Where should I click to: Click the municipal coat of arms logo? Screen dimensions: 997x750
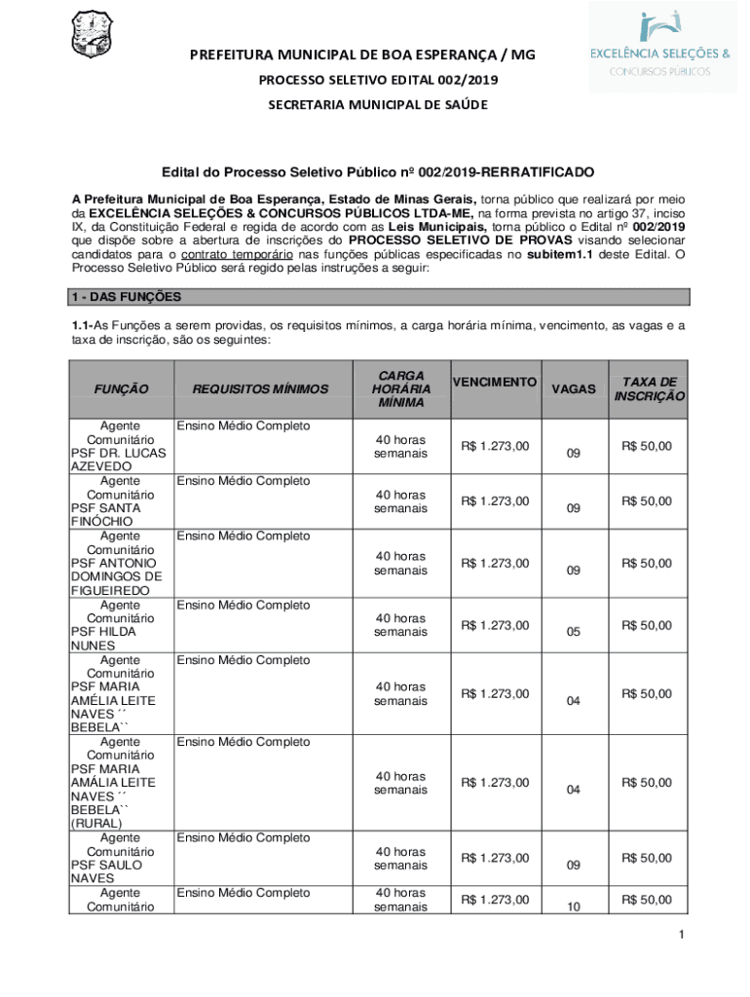(94, 35)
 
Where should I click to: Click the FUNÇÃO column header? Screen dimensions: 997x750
(122, 389)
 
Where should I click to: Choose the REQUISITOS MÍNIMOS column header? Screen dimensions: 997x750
(260, 389)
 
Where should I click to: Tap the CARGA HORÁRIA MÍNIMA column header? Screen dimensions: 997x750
(400, 388)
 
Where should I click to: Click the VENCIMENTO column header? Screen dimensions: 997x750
(495, 382)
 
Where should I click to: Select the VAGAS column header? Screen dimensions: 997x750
(573, 388)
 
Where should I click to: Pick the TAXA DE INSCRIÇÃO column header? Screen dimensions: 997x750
(650, 389)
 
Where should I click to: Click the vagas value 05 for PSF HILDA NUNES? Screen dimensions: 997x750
(573, 633)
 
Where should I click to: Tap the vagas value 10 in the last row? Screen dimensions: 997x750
(573, 907)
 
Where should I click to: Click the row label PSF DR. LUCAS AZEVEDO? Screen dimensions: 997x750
(105, 460)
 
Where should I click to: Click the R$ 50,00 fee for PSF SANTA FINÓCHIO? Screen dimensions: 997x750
(650, 501)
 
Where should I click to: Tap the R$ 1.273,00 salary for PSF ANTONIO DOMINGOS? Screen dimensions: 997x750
(495, 563)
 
